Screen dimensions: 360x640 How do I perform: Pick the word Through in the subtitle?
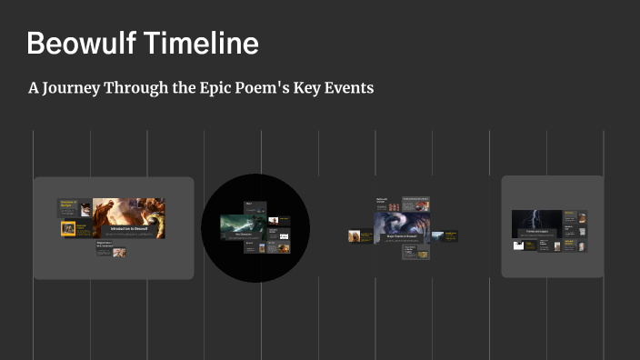pos(150,89)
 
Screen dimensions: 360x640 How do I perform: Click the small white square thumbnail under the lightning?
pos(518,245)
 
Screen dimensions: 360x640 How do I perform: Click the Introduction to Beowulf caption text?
pos(128,229)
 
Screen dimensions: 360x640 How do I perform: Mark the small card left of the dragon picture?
pos(355,235)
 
